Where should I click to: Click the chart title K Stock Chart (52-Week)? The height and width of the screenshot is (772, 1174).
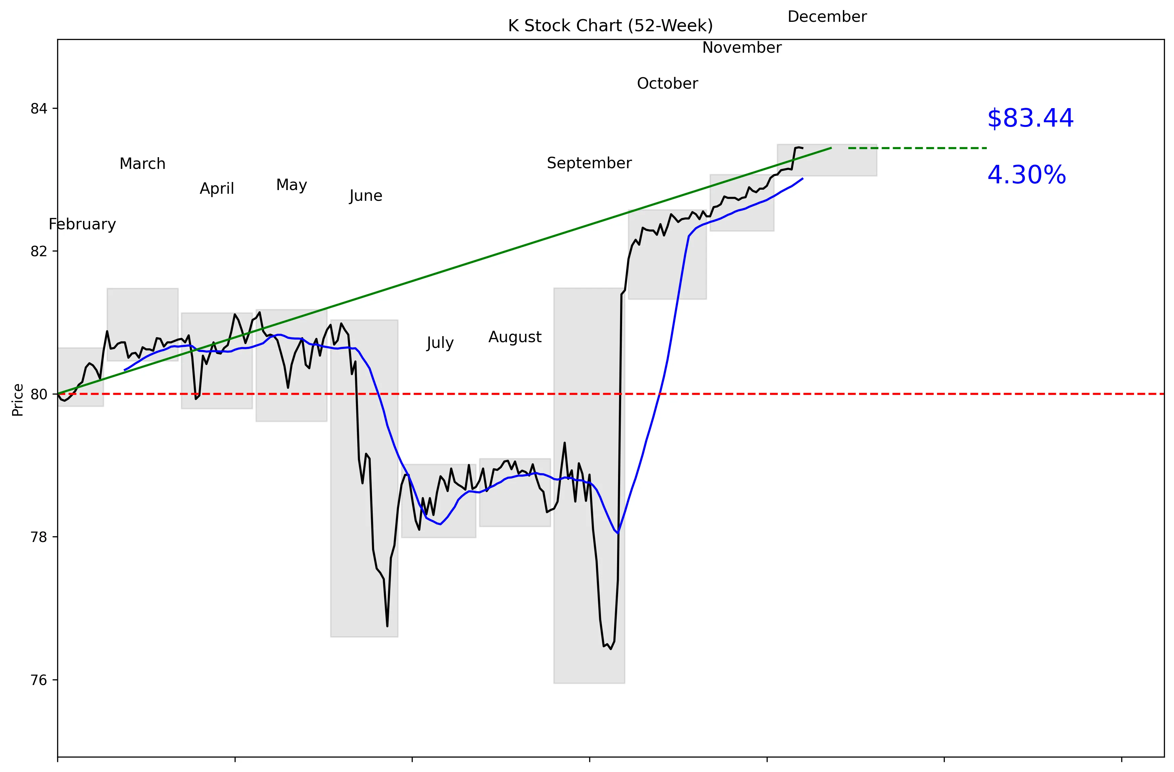point(610,26)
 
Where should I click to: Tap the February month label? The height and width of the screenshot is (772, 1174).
point(82,224)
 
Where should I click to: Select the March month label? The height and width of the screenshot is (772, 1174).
point(143,164)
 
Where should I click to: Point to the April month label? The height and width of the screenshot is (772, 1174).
point(217,189)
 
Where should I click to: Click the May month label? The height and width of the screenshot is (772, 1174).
point(291,185)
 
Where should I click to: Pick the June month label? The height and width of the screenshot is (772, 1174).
point(366,196)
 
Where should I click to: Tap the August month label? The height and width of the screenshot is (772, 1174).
point(515,337)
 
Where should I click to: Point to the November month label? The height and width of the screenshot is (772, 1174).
point(742,48)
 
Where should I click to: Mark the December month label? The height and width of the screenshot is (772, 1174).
point(827,17)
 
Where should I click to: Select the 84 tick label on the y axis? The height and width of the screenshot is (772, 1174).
point(38,108)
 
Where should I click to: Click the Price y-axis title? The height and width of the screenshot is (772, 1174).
point(18,400)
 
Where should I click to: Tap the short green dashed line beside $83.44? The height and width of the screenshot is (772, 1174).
point(918,148)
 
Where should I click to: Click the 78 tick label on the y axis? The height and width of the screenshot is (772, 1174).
point(38,537)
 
